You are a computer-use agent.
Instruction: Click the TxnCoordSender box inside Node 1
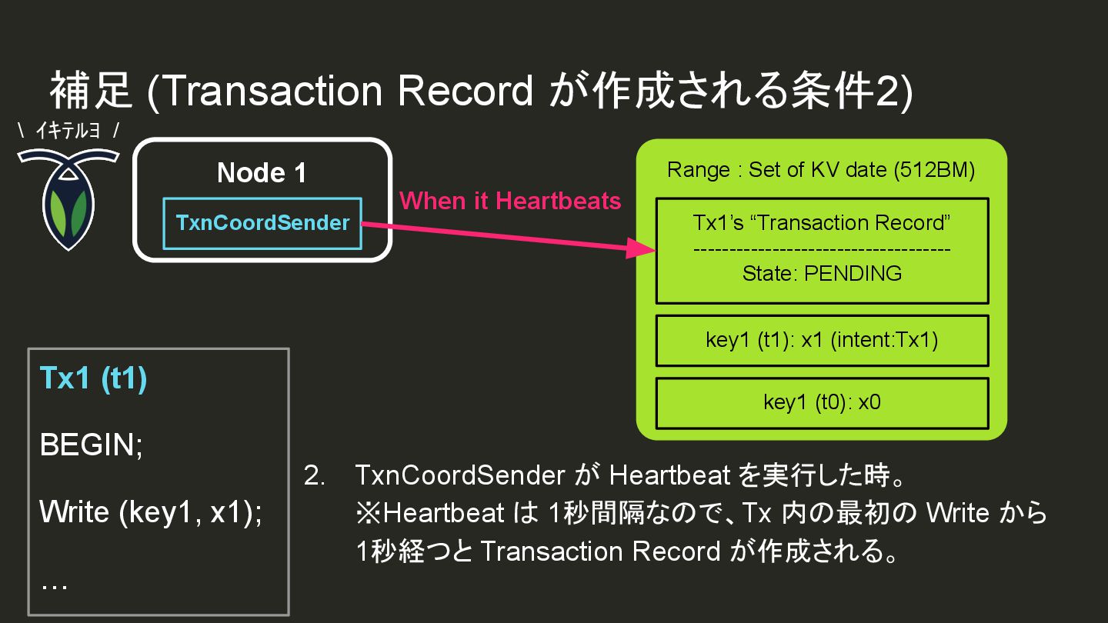click(262, 223)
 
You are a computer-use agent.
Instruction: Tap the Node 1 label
click(262, 173)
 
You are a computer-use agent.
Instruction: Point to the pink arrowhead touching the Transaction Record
click(642, 248)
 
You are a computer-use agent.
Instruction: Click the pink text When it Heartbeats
click(510, 201)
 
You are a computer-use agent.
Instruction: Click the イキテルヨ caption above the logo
click(68, 131)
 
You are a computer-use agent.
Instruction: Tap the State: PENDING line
click(822, 273)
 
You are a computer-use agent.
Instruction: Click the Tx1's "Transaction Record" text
click(822, 223)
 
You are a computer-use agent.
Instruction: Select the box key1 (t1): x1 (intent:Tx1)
click(822, 340)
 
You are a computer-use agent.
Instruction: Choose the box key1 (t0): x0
click(822, 402)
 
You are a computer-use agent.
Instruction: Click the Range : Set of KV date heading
click(822, 170)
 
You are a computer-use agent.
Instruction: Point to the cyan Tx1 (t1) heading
click(93, 379)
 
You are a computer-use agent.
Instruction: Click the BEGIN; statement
click(91, 445)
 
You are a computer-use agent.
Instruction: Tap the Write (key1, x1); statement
click(151, 511)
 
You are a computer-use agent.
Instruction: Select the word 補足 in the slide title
click(92, 92)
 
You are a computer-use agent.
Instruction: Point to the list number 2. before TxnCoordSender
click(315, 475)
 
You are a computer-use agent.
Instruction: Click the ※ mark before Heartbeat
click(367, 513)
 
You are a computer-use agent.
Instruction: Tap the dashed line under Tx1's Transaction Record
click(822, 249)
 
